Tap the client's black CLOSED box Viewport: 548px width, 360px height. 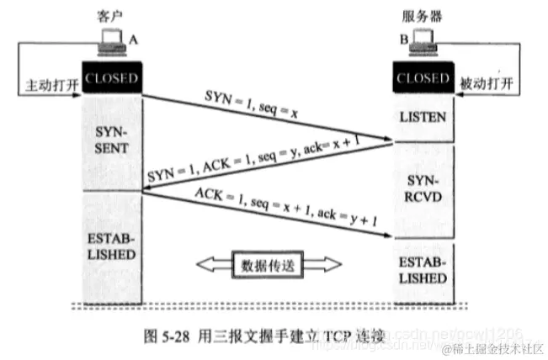tap(111, 78)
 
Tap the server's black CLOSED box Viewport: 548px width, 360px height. tap(423, 78)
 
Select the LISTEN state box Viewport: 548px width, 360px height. tap(423, 116)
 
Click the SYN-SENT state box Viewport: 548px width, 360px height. tap(111, 141)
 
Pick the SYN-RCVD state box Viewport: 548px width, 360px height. tap(423, 189)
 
